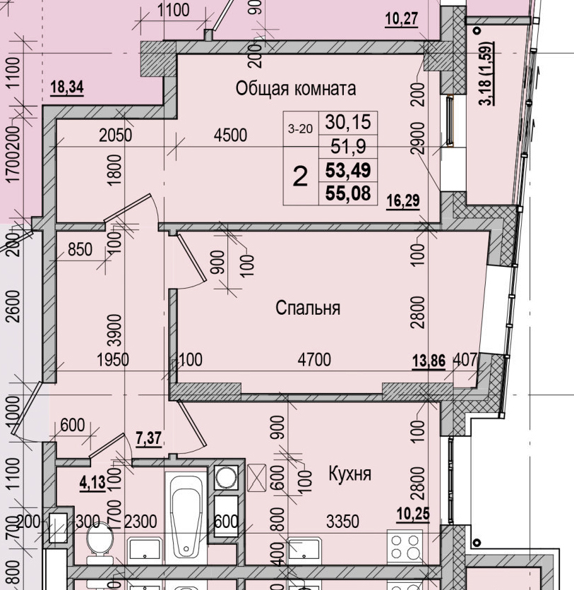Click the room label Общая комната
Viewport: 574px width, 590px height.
click(x=295, y=89)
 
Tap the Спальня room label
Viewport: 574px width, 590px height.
click(x=308, y=308)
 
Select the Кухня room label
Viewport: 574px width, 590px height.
click(x=349, y=474)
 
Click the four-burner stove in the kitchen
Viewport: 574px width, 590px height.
click(x=406, y=547)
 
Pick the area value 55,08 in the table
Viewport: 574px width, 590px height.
click(x=348, y=192)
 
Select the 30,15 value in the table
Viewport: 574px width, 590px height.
click(x=348, y=122)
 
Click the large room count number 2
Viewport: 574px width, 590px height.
click(x=300, y=176)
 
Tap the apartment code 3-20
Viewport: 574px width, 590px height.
click(x=300, y=128)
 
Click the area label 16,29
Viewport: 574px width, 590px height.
click(x=403, y=201)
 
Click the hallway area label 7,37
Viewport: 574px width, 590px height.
click(x=148, y=438)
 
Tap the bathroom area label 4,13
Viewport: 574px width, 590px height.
click(x=92, y=484)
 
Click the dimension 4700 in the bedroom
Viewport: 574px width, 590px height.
click(x=314, y=361)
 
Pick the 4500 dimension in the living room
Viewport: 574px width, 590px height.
click(x=230, y=134)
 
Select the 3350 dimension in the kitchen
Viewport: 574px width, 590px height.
click(x=342, y=522)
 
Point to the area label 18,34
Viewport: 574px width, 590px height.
click(x=67, y=88)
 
